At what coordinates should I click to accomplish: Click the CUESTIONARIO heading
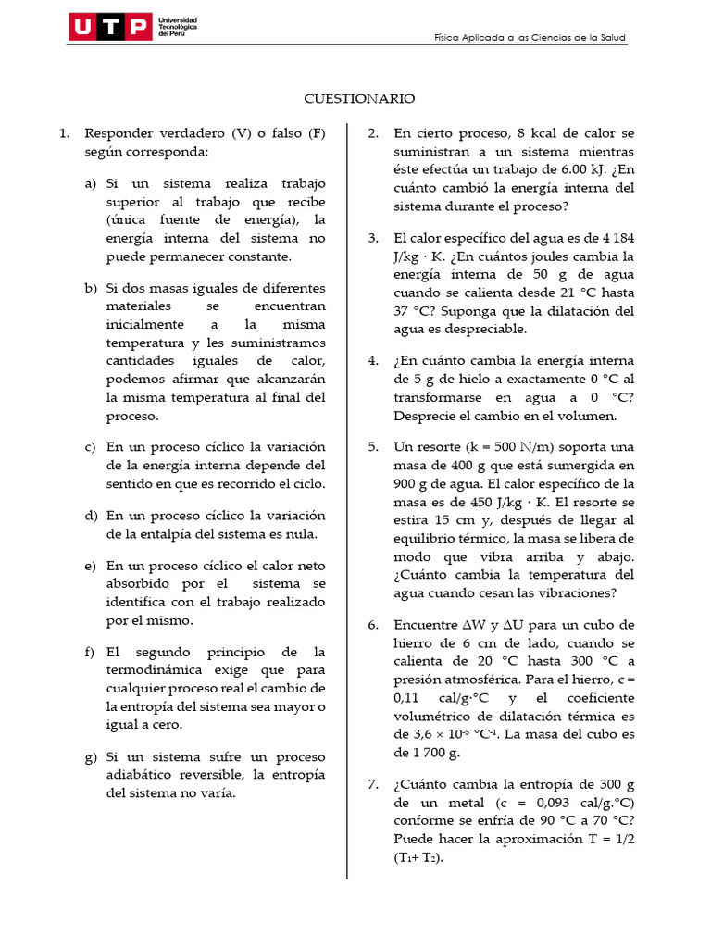tap(360, 98)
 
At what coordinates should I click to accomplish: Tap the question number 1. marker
tap(64, 133)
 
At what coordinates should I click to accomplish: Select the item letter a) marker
tap(90, 183)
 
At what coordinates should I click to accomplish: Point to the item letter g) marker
tap(90, 756)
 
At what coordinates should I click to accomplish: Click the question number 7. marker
tap(373, 784)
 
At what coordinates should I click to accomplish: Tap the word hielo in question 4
tap(451, 380)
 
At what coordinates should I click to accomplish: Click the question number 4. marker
tap(373, 361)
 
